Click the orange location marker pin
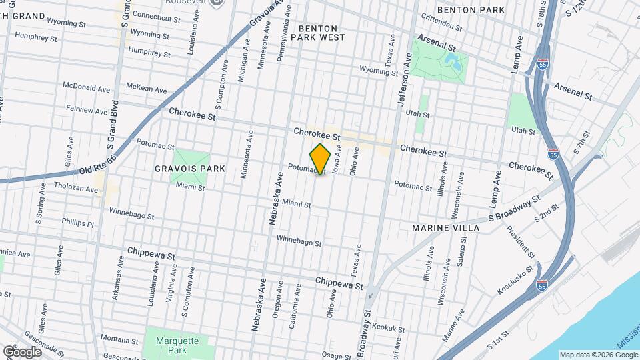[321, 159]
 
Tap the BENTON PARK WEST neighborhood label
[322, 33]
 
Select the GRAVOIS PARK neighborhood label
[199, 169]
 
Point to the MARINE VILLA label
[445, 228]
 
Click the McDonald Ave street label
[86, 88]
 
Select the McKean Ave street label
[146, 88]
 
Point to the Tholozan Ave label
[76, 187]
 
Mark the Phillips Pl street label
[78, 222]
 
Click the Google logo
[21, 351]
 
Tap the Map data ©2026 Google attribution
[598, 355]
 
